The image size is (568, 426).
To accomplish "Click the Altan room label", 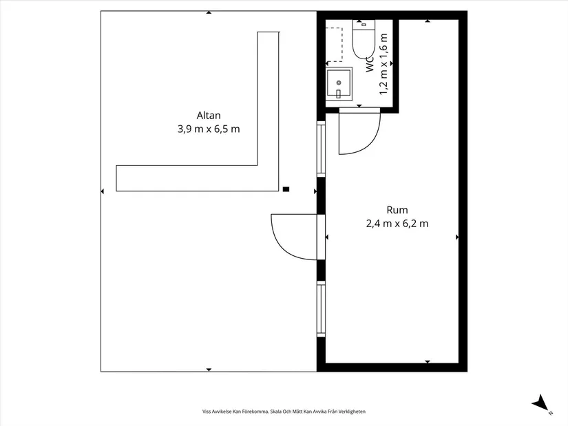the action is (209, 116).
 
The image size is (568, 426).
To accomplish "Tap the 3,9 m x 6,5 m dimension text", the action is (209, 129).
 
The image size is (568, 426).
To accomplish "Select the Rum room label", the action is (397, 210).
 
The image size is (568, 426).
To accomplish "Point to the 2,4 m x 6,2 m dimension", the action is (397, 224).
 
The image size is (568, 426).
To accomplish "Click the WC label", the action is (369, 64).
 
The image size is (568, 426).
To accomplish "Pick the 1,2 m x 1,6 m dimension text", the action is (383, 64).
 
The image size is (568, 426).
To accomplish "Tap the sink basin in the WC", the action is (339, 84).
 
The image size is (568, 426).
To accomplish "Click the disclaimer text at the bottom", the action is (284, 412).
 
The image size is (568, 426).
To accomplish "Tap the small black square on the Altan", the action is (286, 189).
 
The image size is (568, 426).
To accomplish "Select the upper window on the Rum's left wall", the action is (322, 149).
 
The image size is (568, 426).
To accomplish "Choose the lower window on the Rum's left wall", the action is (322, 309).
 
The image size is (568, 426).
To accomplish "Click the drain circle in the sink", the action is (339, 83).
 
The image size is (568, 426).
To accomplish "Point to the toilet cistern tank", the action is (364, 24).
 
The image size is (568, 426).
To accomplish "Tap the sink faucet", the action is (339, 94).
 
